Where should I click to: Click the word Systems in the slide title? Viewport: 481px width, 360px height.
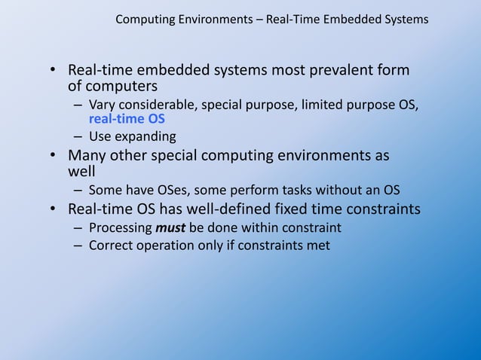pyautogui.click(x=406, y=19)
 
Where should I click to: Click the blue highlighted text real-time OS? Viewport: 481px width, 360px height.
pyautogui.click(x=127, y=118)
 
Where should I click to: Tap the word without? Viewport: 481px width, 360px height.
pyautogui.click(x=348, y=189)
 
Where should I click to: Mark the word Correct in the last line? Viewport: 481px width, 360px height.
pyautogui.click(x=110, y=245)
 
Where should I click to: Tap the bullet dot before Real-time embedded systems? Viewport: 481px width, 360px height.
pyautogui.click(x=54, y=72)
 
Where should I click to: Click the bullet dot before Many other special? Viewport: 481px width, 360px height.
pyautogui.click(x=54, y=157)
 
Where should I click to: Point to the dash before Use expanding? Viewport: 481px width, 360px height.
pyautogui.click(x=78, y=136)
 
